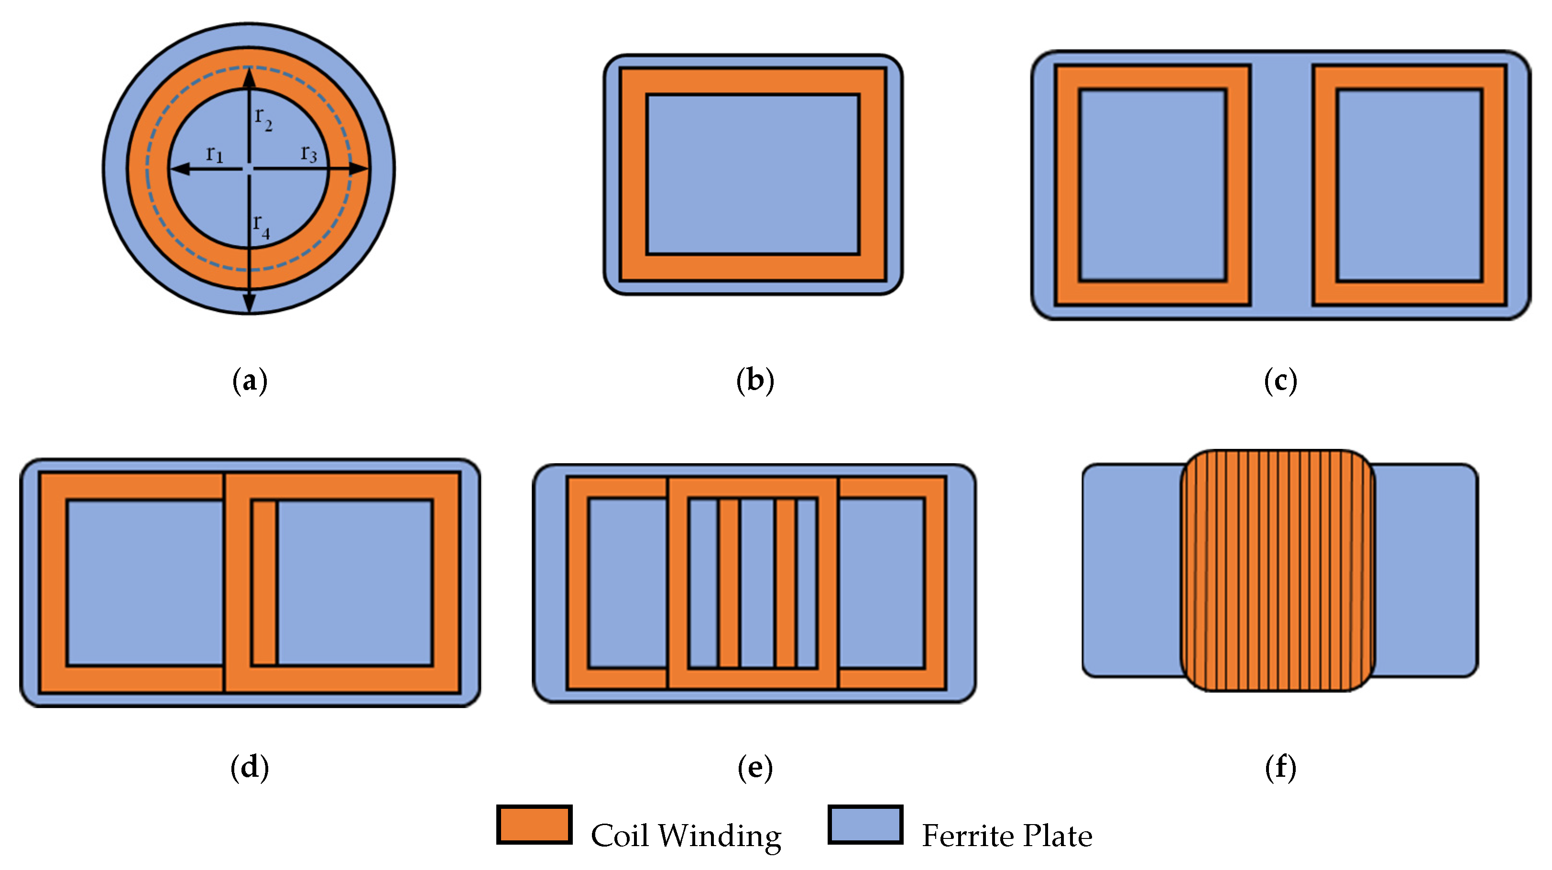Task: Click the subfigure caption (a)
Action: click(x=250, y=381)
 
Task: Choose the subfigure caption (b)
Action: click(x=755, y=381)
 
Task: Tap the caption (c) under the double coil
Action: click(x=1280, y=381)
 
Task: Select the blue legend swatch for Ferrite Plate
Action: click(x=865, y=825)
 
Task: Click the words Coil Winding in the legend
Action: click(x=686, y=836)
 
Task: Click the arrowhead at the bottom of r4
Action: click(x=249, y=304)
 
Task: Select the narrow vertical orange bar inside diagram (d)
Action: click(x=264, y=583)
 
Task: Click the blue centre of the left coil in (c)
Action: click(x=1152, y=185)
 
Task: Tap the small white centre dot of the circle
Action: click(x=249, y=169)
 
